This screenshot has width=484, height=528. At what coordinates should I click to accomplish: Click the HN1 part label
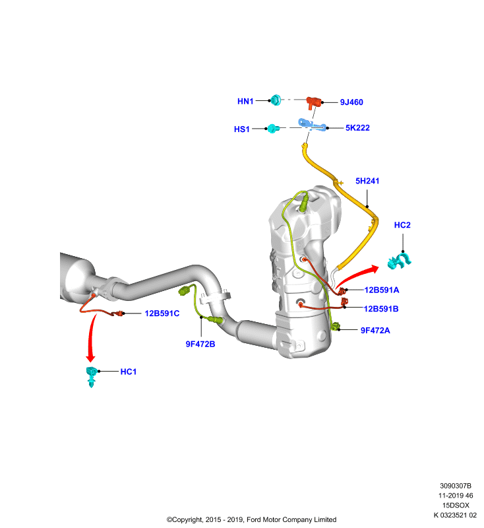[245, 101]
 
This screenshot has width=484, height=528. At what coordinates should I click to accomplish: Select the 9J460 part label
[351, 102]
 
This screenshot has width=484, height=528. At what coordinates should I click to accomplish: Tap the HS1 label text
[242, 129]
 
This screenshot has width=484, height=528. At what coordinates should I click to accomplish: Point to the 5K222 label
[357, 127]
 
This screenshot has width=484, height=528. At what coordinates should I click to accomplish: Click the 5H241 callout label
[367, 181]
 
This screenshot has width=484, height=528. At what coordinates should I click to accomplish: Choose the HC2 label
[402, 225]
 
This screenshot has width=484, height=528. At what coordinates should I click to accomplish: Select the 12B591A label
[382, 290]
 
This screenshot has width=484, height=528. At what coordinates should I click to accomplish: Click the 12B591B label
[381, 309]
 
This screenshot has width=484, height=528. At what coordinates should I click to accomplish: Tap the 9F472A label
[375, 331]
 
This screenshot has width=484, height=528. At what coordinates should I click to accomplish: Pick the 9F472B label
[200, 344]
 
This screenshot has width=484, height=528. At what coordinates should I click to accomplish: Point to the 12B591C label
[162, 313]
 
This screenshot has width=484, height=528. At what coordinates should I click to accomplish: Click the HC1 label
[129, 372]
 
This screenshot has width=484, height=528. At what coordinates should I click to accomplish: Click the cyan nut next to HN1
[276, 100]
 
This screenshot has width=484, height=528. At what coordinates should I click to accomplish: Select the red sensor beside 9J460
[314, 102]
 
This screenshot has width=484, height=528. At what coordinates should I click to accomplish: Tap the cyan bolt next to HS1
[273, 128]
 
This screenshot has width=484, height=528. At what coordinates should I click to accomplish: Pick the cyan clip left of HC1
[92, 376]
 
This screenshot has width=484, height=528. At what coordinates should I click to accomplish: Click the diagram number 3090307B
[456, 486]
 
